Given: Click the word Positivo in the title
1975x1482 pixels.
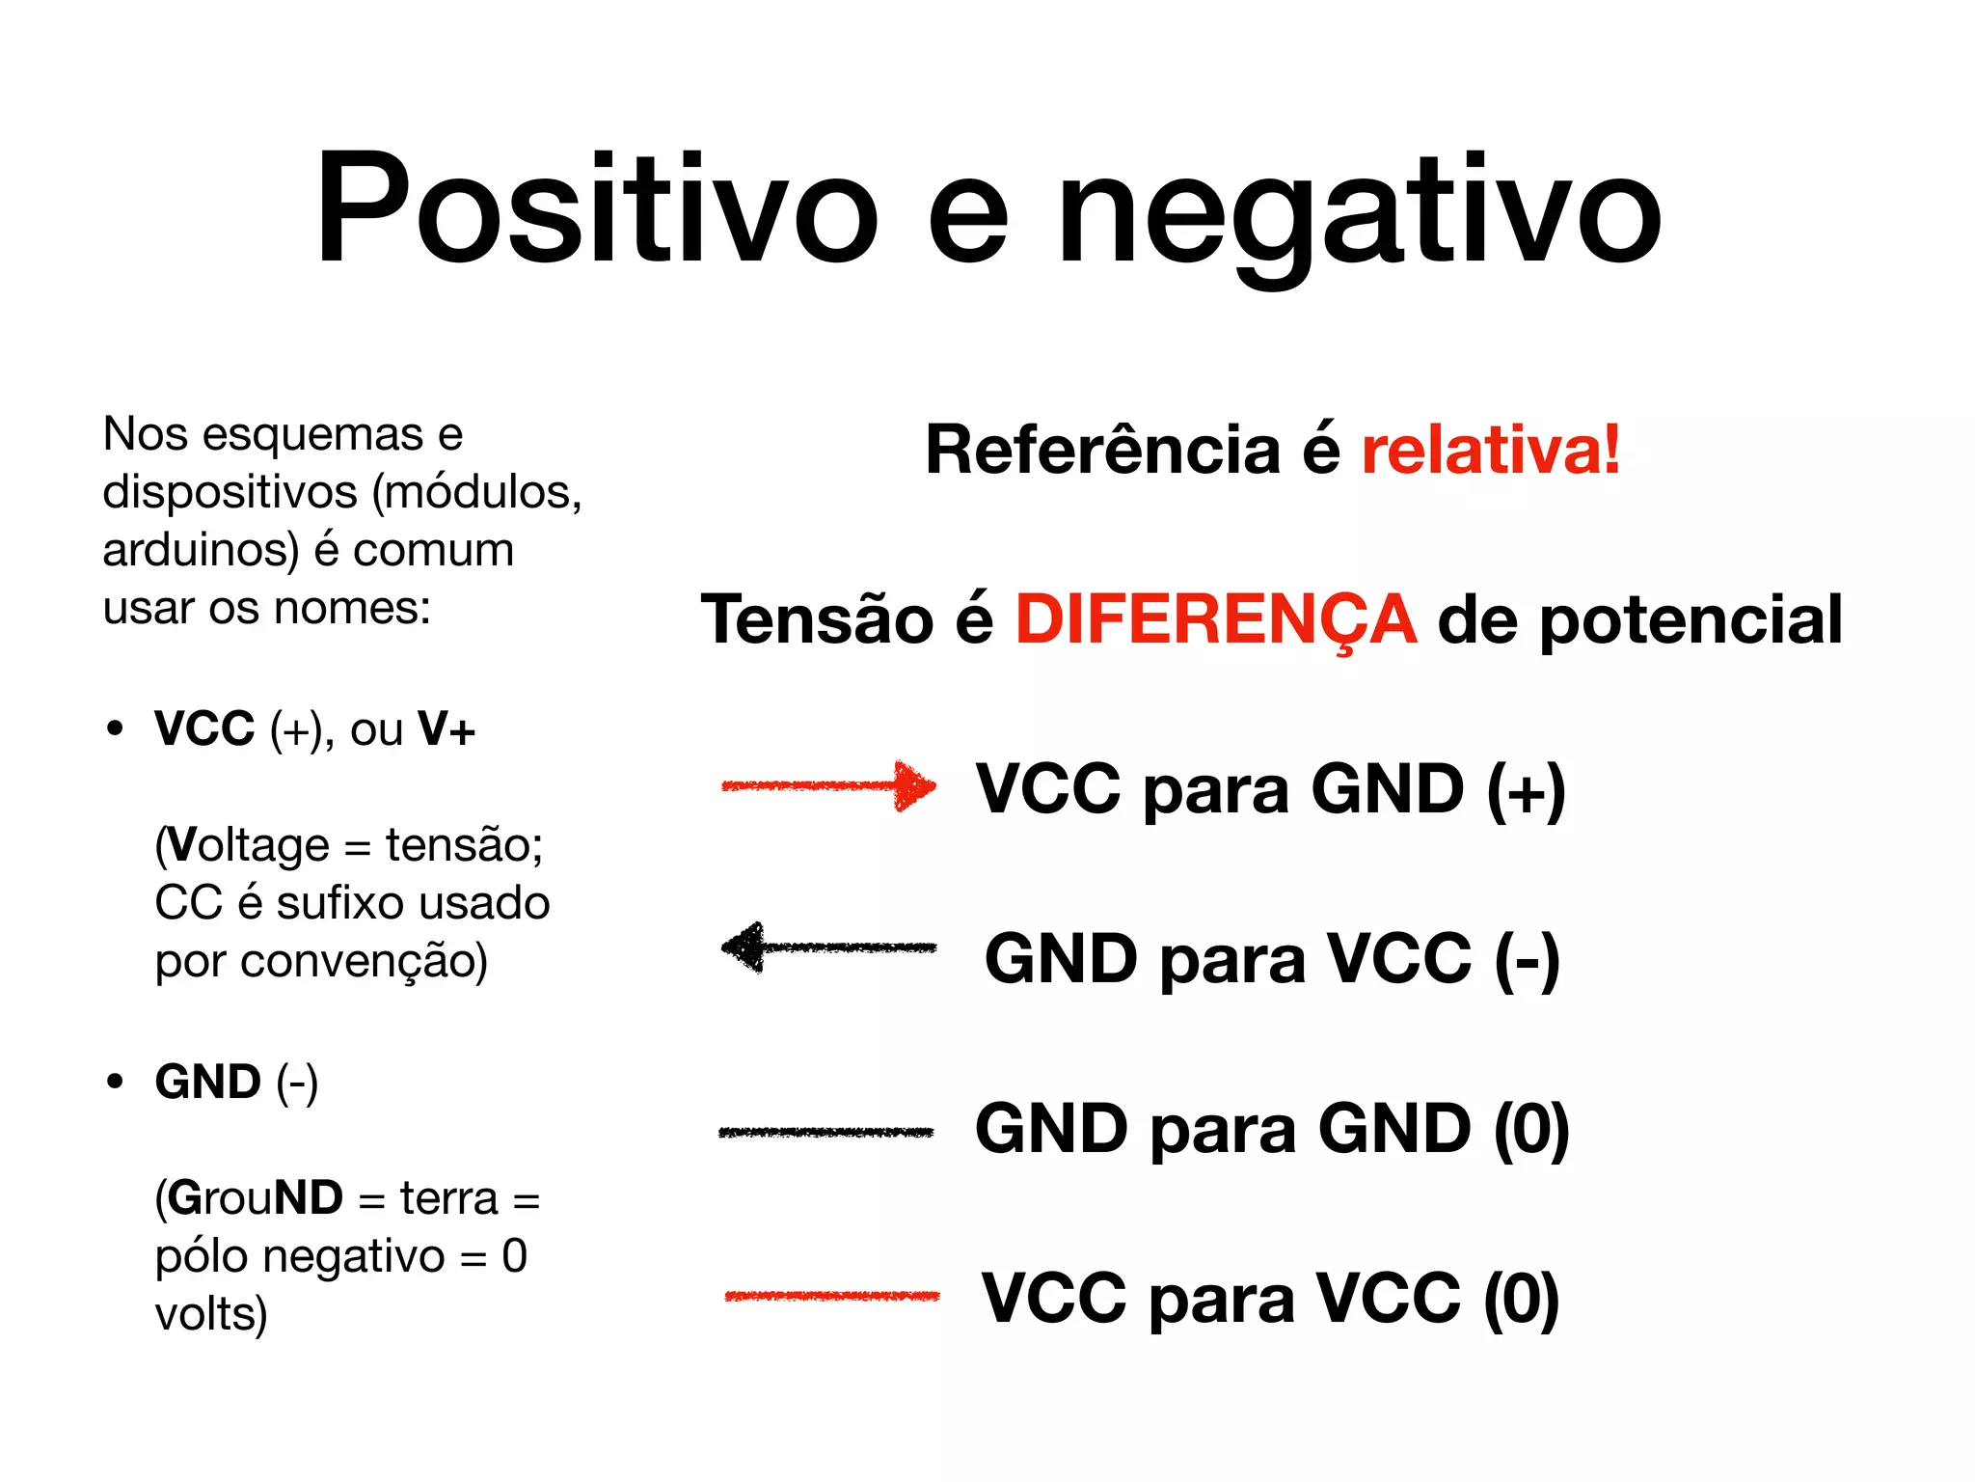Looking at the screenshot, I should [x=596, y=207].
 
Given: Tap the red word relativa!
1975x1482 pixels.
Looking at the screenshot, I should [x=1490, y=450].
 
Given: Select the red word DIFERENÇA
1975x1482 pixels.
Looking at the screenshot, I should [x=1215, y=619].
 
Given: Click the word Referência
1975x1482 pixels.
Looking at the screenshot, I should [x=1102, y=450].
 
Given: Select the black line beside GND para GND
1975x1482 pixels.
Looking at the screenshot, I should [x=826, y=1132].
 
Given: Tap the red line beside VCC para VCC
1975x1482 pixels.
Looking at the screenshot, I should [x=832, y=1296].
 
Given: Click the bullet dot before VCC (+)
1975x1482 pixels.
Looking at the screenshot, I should [x=116, y=728].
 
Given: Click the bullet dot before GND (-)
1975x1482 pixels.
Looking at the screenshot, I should [x=116, y=1083].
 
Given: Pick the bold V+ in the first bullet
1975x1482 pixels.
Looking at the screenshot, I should [x=446, y=729].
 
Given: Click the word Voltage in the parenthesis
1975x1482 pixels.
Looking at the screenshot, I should [x=248, y=846].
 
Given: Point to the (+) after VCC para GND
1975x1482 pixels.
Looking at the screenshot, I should [x=1526, y=790].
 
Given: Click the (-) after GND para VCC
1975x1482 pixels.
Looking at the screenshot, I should [x=1527, y=960].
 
